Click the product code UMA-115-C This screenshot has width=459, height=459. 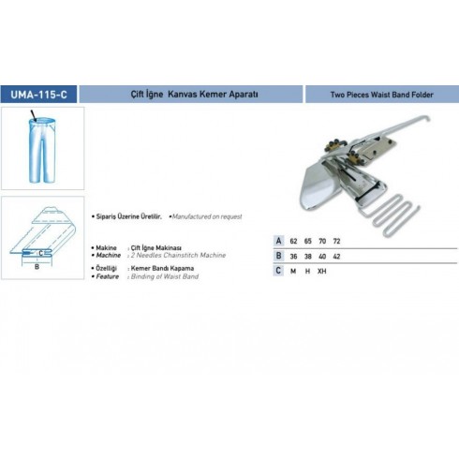click(38, 95)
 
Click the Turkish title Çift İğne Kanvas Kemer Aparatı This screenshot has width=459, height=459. click(194, 94)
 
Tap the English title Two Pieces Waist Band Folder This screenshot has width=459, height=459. click(382, 95)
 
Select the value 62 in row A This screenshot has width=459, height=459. click(293, 241)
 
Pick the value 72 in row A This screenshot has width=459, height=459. click(336, 241)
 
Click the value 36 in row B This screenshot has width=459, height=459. click(293, 257)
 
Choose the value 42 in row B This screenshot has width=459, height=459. click(336, 257)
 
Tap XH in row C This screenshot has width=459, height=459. click(322, 271)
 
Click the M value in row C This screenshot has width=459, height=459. click(293, 271)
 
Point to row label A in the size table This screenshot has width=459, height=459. click(278, 241)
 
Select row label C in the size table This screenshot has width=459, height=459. click(278, 271)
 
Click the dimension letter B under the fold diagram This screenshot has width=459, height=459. click(37, 267)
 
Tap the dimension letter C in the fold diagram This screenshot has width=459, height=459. click(40, 253)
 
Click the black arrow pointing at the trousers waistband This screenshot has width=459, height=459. click(34, 115)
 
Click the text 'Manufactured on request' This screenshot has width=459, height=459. click(207, 216)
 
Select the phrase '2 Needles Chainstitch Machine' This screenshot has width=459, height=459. click(178, 255)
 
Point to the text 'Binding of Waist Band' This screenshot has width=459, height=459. click(165, 276)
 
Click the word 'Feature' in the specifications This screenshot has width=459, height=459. click(108, 276)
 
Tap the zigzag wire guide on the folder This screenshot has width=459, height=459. click(396, 213)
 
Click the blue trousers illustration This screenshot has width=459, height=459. click(42, 150)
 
